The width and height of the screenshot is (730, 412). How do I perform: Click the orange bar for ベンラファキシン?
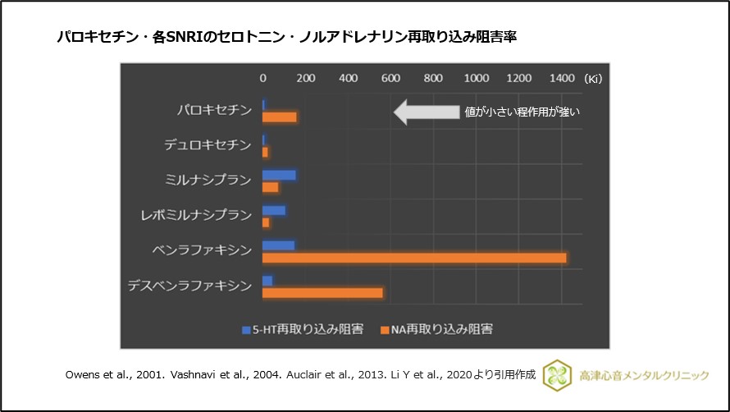tap(414, 258)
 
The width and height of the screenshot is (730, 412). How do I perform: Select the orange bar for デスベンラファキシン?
tap(322, 293)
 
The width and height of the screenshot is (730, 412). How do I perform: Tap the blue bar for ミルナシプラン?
tap(279, 175)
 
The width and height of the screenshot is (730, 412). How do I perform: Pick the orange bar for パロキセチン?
tap(279, 117)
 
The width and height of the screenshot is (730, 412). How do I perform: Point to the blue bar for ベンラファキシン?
tap(278, 245)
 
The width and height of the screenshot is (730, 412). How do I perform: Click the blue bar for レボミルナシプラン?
tap(274, 210)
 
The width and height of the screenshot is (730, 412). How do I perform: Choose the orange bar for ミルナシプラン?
tap(270, 187)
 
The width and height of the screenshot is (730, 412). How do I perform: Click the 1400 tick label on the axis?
tap(561, 78)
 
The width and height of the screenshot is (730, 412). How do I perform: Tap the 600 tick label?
tap(390, 78)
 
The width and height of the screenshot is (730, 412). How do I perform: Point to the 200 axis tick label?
tap(306, 78)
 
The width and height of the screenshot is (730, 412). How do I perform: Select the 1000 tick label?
tap(476, 78)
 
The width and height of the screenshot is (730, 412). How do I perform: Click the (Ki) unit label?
tap(593, 79)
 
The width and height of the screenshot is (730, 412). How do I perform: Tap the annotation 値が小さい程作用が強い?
tap(522, 112)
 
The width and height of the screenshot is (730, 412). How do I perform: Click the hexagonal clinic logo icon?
tap(556, 374)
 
